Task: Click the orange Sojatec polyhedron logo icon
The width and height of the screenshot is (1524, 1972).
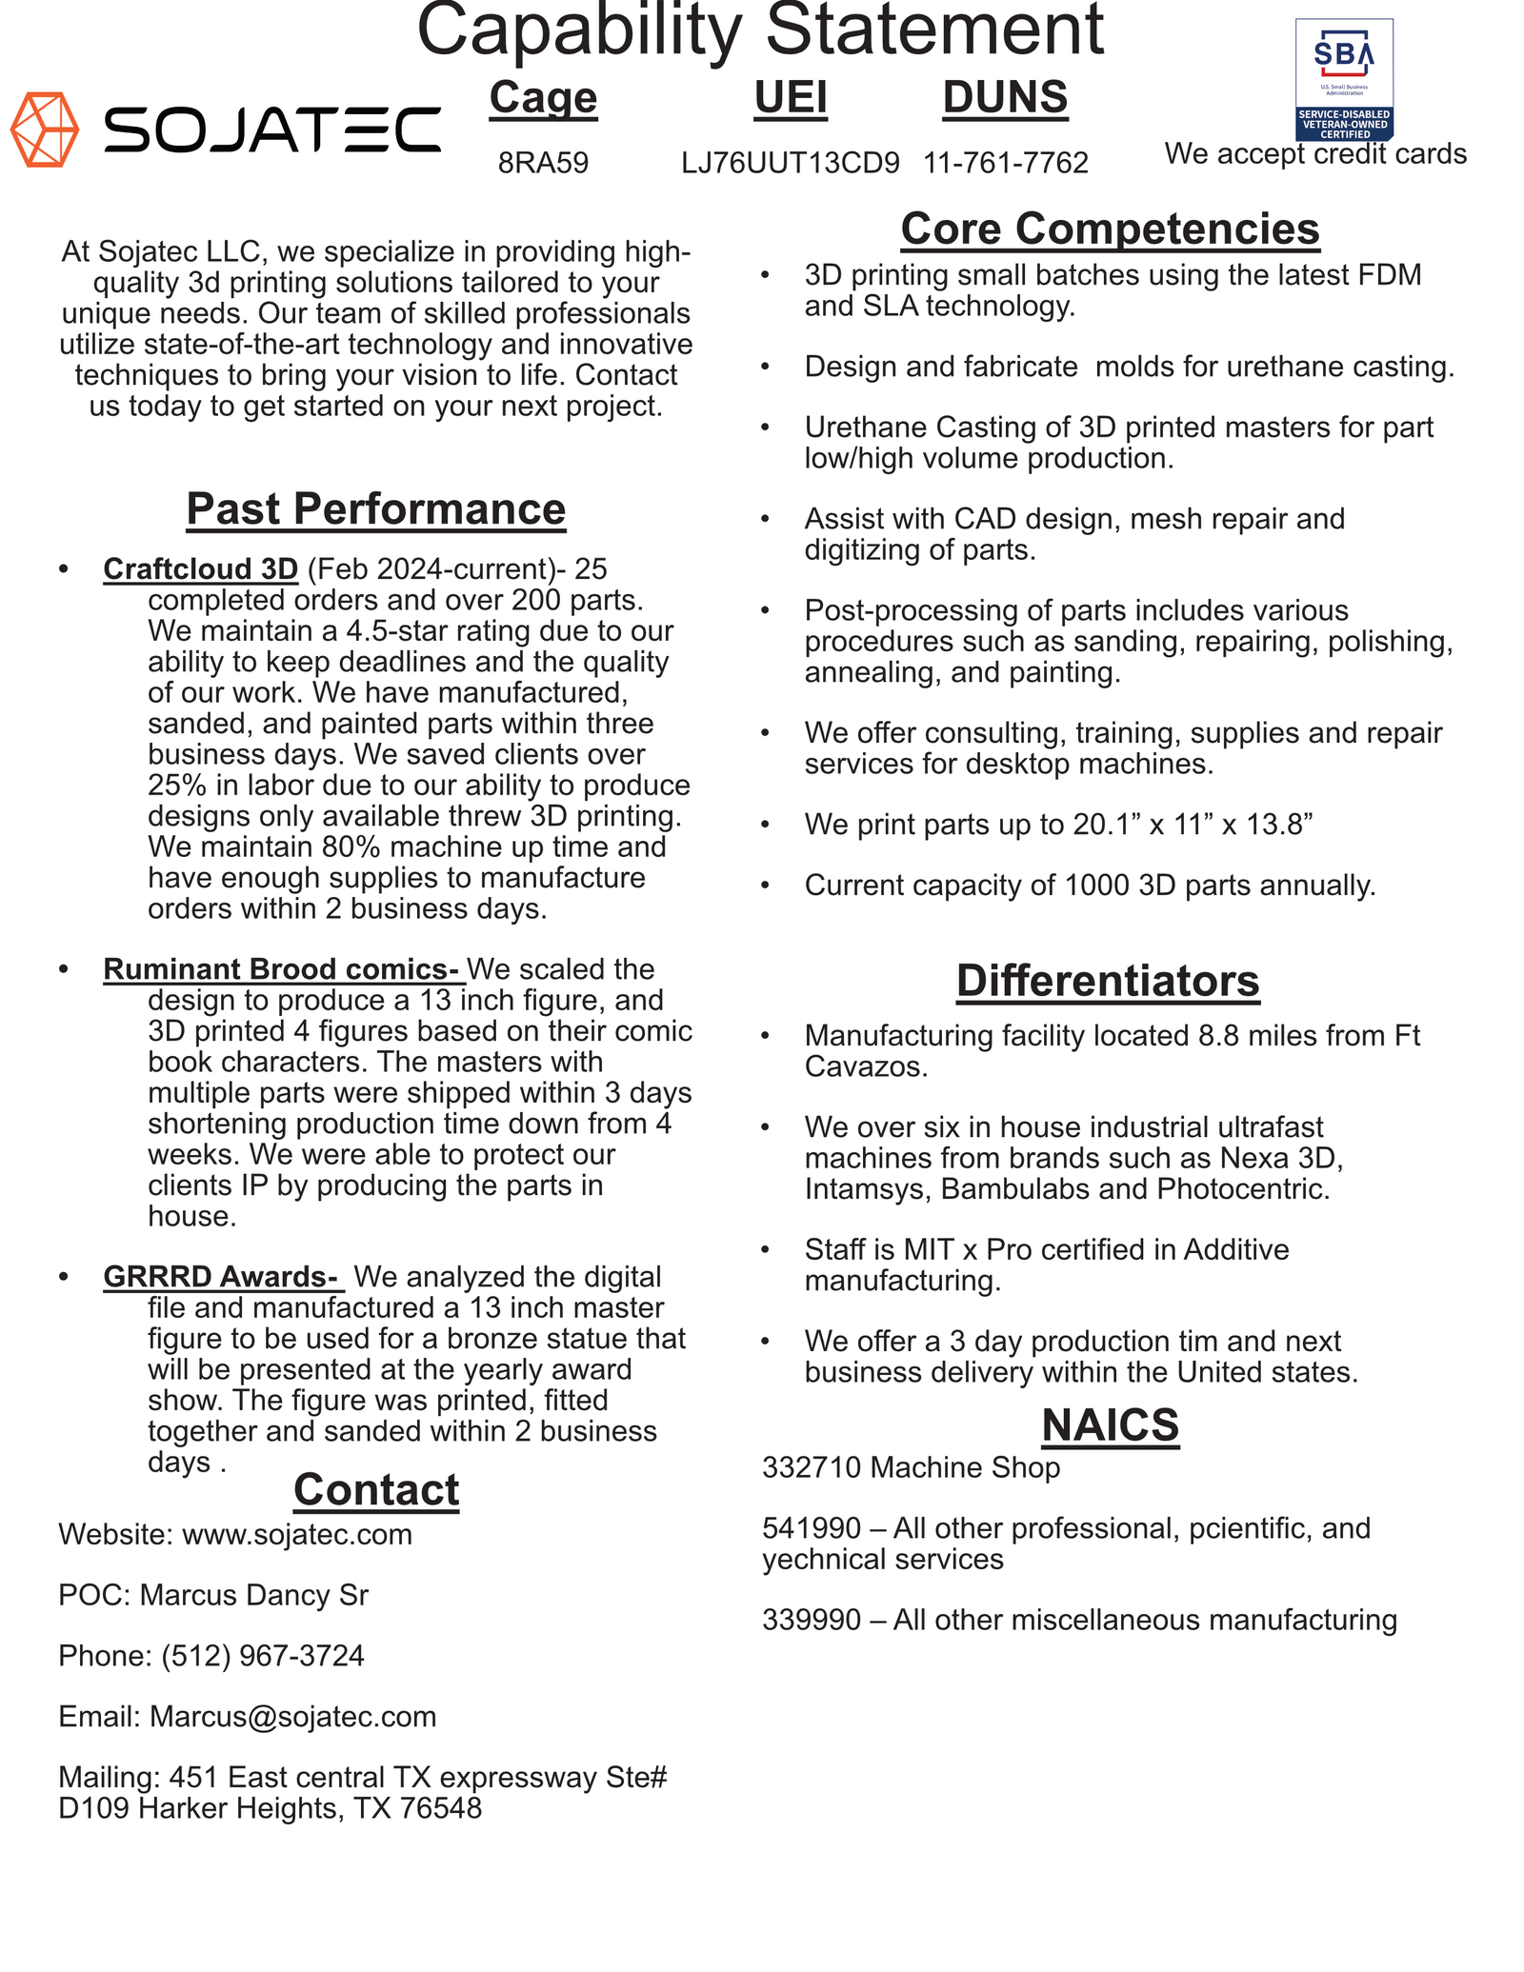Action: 44,129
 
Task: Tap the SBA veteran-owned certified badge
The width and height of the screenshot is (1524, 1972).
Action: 1343,79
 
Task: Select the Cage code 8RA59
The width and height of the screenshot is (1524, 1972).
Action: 543,164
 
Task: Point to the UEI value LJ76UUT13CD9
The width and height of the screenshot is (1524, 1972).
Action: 790,164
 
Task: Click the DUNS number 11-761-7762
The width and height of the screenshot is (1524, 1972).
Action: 1005,164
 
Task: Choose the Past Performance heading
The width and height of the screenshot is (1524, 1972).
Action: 375,508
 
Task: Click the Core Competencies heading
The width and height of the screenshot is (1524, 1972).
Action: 1110,229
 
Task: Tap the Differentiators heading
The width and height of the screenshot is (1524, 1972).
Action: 1107,982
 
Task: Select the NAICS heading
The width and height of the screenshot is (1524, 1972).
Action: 1110,1425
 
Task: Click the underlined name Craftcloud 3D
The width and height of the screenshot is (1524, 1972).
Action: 200,569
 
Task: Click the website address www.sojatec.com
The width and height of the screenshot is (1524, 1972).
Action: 297,1535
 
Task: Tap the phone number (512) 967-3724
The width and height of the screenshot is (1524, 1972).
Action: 263,1656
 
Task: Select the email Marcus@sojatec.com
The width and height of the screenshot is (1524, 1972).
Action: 293,1717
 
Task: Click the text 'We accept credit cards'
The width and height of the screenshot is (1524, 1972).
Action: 1314,154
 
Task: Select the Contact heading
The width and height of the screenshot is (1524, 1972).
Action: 375,1490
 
